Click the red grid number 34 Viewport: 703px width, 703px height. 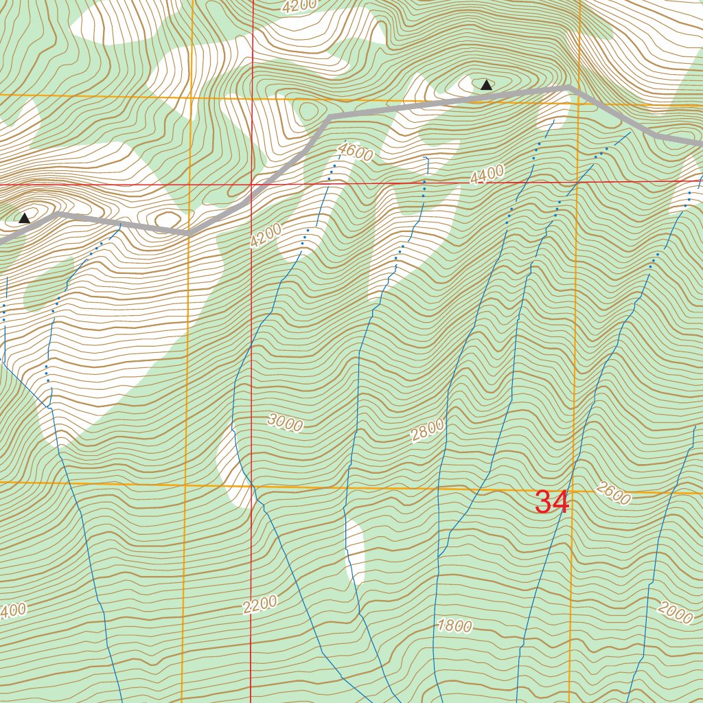click(552, 503)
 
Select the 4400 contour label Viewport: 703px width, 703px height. click(487, 175)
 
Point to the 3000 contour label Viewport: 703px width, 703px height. click(285, 424)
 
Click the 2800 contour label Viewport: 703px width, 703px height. click(428, 431)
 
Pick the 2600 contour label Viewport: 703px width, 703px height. click(613, 494)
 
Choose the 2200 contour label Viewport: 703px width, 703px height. click(260, 604)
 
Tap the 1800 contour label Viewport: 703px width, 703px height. click(454, 625)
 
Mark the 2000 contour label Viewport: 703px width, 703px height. click(675, 612)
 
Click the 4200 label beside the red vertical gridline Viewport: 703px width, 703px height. click(266, 236)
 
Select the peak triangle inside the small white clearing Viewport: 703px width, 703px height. click(486, 85)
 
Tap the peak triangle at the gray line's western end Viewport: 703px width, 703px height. click(24, 218)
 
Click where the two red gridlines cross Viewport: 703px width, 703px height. click(251, 185)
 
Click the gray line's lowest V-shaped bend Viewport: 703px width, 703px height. click(190, 233)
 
